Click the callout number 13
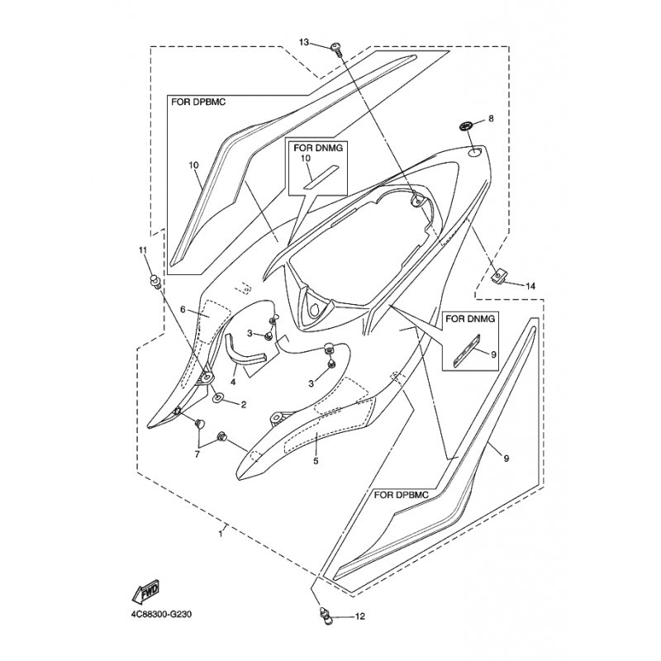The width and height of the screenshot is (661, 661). tap(304, 42)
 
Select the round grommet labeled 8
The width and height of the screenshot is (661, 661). tap(465, 126)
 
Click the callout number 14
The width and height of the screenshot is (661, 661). tap(530, 286)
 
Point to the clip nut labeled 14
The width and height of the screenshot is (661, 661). tap(498, 277)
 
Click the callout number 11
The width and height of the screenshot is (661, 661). tap(143, 250)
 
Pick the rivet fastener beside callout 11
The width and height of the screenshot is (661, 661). tap(155, 282)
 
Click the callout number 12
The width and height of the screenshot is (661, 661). tap(359, 616)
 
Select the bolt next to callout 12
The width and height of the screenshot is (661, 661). tap(324, 615)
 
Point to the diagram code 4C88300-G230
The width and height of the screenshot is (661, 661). tap(161, 614)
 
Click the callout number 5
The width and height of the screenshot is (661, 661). tap(316, 461)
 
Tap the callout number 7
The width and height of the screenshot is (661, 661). tap(197, 454)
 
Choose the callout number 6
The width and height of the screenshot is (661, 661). tap(183, 310)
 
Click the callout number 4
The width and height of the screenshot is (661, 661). tap(233, 383)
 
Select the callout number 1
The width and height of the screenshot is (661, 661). tap(220, 534)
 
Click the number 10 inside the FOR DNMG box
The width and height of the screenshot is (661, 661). tap(306, 158)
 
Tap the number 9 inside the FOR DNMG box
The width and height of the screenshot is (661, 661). tap(493, 354)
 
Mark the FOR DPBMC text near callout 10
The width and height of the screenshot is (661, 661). tap(198, 102)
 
